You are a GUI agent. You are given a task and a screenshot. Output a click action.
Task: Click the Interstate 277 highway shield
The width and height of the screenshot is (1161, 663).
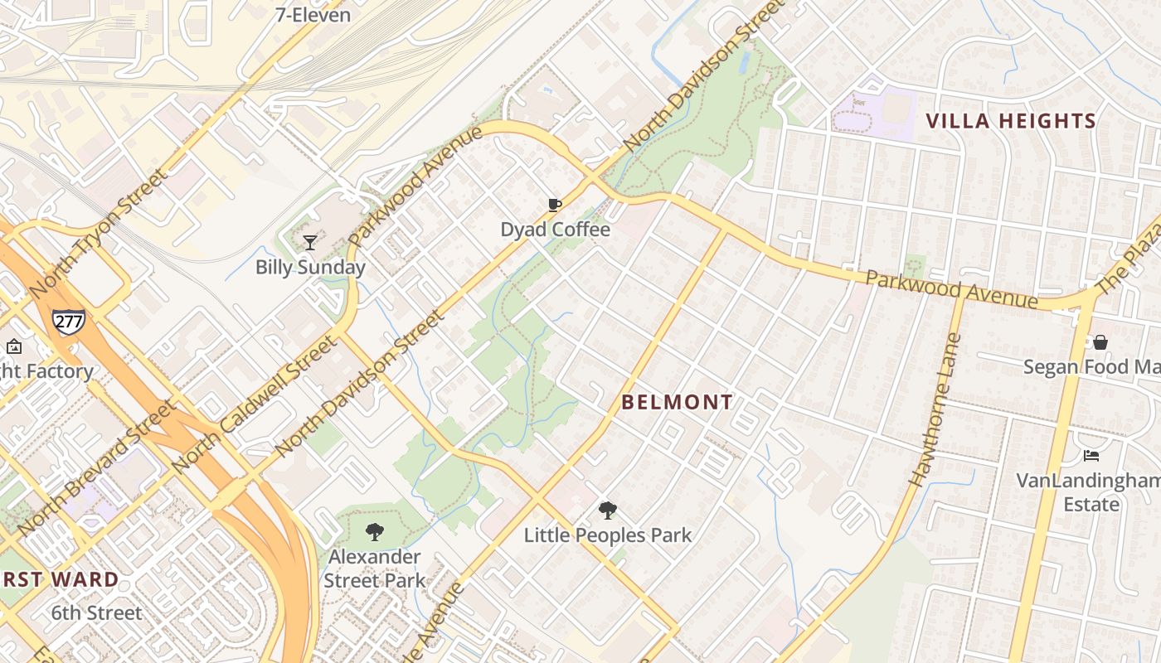[68, 321]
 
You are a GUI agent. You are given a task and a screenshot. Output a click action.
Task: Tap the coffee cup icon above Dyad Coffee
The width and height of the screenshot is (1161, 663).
[555, 206]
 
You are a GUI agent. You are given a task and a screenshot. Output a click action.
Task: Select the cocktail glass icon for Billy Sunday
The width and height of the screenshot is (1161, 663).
[310, 243]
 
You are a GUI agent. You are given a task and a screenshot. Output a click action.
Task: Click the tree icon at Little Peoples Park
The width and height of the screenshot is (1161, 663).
[608, 511]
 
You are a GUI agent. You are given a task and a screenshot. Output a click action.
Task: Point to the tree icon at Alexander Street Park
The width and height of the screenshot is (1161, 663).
[375, 532]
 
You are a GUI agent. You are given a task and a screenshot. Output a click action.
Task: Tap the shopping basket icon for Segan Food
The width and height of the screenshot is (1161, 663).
[1100, 342]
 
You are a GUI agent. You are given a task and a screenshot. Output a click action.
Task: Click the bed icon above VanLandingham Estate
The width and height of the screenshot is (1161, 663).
[1091, 456]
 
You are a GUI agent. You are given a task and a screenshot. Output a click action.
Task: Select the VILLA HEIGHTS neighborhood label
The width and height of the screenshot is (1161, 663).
[1011, 121]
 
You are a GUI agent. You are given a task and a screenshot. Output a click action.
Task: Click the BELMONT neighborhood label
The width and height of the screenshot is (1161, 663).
[678, 403]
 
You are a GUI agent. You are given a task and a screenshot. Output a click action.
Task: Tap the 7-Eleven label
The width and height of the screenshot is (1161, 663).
[313, 15]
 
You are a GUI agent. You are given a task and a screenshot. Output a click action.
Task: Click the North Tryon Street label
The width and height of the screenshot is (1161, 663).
[98, 234]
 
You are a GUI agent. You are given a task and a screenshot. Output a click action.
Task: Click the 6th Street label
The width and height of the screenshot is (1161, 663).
[97, 613]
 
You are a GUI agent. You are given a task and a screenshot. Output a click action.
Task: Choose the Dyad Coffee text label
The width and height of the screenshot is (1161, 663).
[555, 230]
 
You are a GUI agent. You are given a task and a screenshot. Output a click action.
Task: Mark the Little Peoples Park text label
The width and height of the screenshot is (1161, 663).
[608, 535]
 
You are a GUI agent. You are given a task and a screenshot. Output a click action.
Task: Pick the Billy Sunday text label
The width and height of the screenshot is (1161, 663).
[310, 267]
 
